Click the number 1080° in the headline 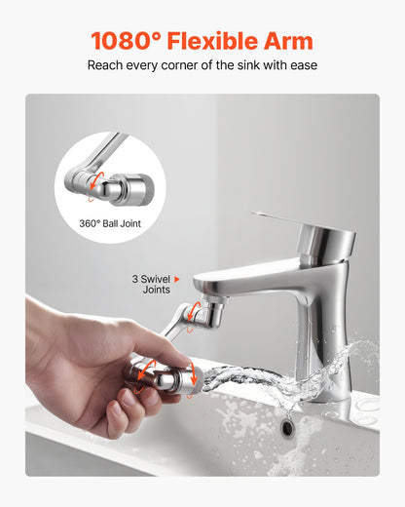pyautogui.click(x=127, y=41)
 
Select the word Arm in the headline pyautogui.click(x=289, y=41)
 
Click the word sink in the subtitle pyautogui.click(x=247, y=65)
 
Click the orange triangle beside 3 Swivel pyautogui.click(x=177, y=279)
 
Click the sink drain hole pyautogui.click(x=288, y=427)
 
